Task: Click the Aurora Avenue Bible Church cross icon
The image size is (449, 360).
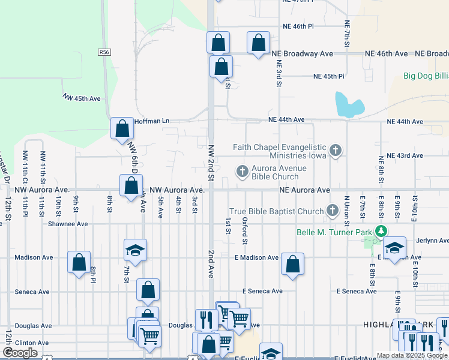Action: pyautogui.click(x=243, y=172)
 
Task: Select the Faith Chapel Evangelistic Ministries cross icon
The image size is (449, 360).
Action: pyautogui.click(x=336, y=151)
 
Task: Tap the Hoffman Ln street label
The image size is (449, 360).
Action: pyautogui.click(x=152, y=121)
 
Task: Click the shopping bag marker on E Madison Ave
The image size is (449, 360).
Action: pyautogui.click(x=292, y=263)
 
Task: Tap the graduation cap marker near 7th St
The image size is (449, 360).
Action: pyautogui.click(x=136, y=250)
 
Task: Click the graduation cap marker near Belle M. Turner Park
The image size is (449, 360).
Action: pyautogui.click(x=394, y=247)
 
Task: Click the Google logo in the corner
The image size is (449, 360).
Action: pyautogui.click(x=20, y=353)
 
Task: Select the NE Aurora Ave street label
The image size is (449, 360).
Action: pyautogui.click(x=304, y=190)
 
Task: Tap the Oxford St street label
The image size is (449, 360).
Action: pyautogui.click(x=245, y=231)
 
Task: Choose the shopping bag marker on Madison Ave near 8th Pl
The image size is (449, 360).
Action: pyautogui.click(x=79, y=262)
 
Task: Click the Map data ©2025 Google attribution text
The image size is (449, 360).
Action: pyautogui.click(x=412, y=355)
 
